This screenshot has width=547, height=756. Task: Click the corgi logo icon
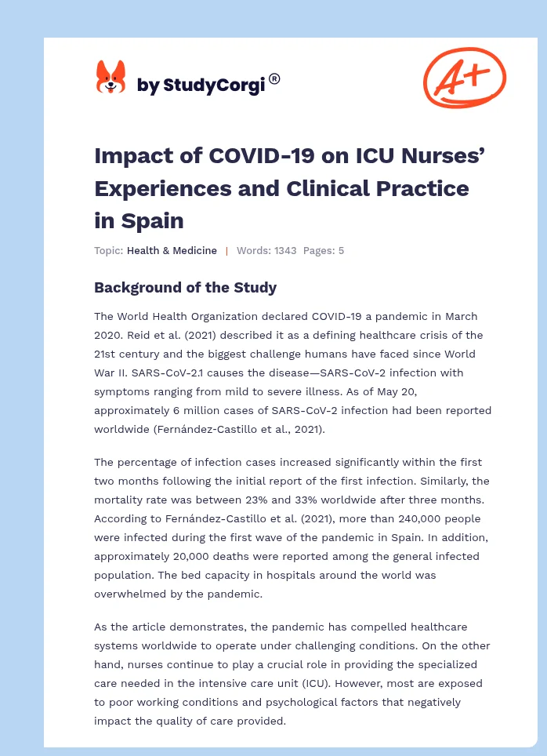tap(110, 78)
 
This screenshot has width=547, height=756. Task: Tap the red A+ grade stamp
tap(465, 77)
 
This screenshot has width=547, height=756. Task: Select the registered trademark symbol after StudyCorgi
tap(274, 78)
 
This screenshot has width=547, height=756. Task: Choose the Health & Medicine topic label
tap(172, 251)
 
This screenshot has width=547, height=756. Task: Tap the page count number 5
tap(341, 251)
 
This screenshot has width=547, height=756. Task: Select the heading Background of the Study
tap(185, 287)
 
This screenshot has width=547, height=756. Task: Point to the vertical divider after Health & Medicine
tap(226, 251)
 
